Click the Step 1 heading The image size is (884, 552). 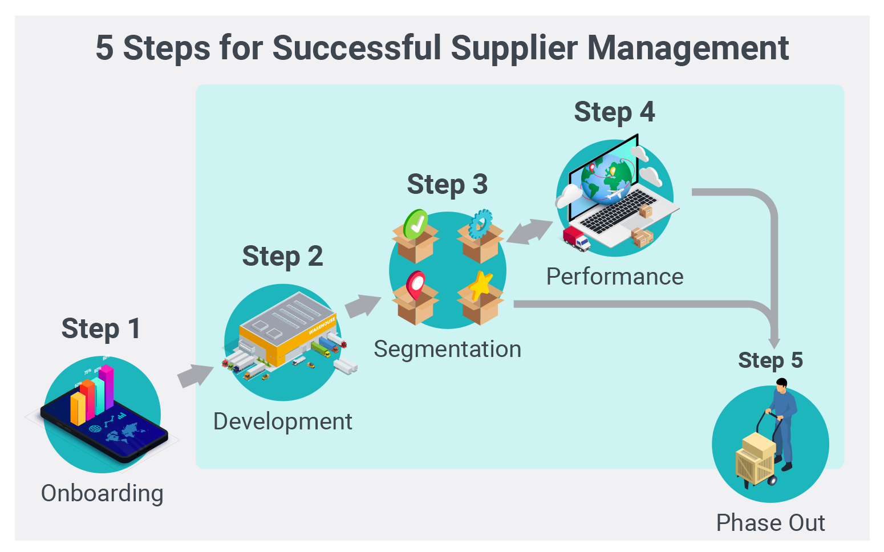[100, 329]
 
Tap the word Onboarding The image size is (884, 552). [102, 493]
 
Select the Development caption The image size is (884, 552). [282, 422]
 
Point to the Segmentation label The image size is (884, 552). [447, 349]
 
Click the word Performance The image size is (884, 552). [614, 277]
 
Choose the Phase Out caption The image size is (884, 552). [770, 523]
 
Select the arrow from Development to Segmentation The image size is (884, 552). [363, 306]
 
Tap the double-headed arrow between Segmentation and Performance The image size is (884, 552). [530, 232]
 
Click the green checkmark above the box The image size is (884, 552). [415, 224]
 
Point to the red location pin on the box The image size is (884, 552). [415, 284]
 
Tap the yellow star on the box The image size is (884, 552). [481, 285]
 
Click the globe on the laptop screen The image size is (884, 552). [606, 176]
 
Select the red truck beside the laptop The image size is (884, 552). [575, 238]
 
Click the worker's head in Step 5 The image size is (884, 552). [781, 384]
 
